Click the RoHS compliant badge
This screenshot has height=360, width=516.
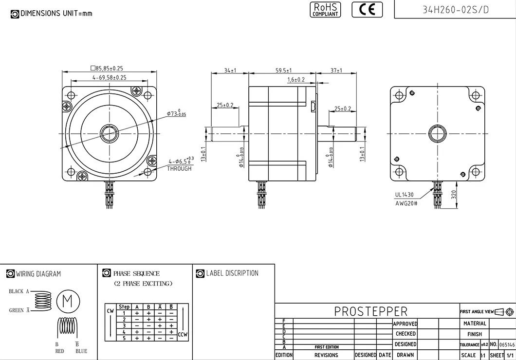[325, 9]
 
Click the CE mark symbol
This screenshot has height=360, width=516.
[367, 9]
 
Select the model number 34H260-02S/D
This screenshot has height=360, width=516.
[455, 10]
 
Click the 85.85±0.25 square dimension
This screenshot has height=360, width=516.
[107, 69]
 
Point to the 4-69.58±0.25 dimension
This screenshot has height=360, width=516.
[109, 77]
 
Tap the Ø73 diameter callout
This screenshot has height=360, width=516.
[176, 114]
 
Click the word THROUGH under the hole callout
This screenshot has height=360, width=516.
[179, 168]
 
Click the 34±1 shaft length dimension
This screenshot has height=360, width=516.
[230, 71]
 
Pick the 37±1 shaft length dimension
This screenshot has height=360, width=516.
[336, 71]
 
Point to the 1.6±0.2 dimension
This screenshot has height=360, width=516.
[296, 79]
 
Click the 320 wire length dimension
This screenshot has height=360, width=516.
[453, 196]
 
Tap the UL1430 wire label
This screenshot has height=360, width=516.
[404, 195]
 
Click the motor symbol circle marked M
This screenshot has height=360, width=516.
[68, 301]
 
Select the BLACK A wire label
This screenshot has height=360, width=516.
[19, 291]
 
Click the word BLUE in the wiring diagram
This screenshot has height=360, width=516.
[81, 351]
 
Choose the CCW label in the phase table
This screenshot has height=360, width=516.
[183, 334]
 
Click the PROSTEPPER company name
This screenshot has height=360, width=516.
[370, 311]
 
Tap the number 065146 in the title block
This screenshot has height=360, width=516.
[507, 344]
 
